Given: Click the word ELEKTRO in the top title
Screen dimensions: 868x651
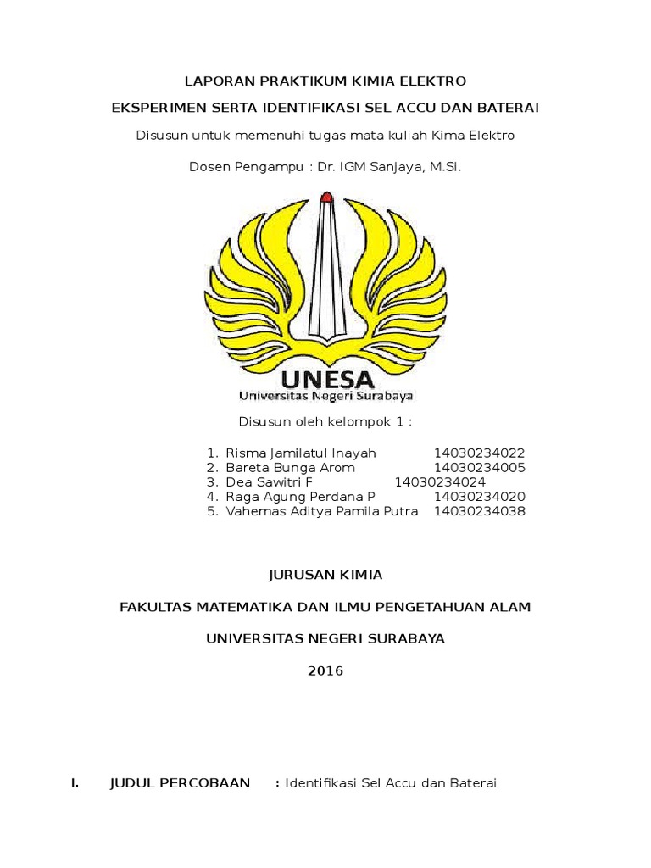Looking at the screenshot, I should [432, 81].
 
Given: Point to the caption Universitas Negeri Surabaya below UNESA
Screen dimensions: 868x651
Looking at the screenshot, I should [325, 396].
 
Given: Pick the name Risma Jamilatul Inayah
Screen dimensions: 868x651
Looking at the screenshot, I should [301, 453].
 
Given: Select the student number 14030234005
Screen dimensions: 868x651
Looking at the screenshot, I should [480, 468].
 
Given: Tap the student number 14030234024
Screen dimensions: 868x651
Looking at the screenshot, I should [440, 482].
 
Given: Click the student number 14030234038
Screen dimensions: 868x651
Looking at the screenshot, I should [480, 511].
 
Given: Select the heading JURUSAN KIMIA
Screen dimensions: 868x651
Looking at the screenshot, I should [325, 575].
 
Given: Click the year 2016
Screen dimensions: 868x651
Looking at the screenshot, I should [325, 670].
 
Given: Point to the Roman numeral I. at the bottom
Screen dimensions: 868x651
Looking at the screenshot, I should [75, 783].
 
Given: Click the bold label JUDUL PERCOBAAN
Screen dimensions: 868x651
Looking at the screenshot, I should [180, 783].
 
